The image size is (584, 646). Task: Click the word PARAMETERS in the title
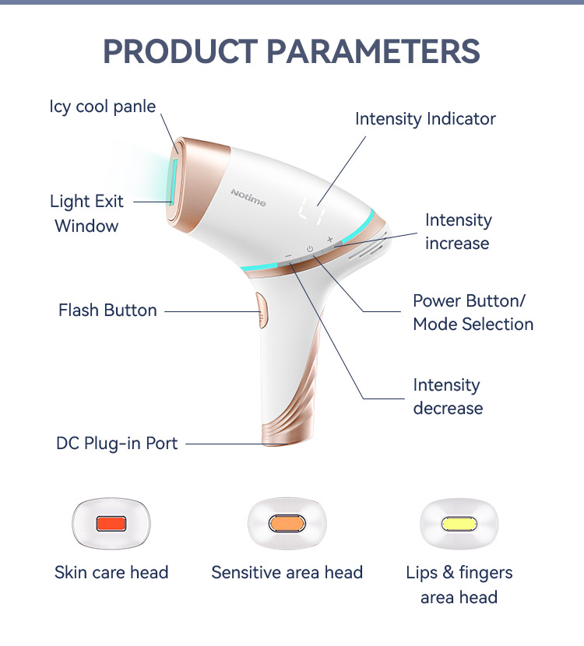(374, 51)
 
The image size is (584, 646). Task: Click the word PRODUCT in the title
(180, 51)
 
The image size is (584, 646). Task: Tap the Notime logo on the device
(248, 198)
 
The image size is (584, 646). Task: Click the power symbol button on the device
(310, 249)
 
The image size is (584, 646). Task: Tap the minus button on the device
(289, 256)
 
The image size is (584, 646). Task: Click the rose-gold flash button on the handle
(262, 311)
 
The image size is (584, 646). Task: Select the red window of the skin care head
(111, 524)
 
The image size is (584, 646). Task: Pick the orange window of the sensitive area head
(287, 524)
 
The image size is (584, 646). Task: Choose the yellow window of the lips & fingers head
(459, 524)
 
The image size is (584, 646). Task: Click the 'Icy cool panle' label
(103, 107)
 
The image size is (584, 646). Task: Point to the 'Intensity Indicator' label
(425, 119)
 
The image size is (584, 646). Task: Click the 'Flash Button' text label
(107, 311)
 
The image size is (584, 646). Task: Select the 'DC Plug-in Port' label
(117, 444)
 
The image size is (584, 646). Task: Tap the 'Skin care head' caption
(111, 573)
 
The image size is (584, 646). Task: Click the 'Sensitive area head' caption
(287, 573)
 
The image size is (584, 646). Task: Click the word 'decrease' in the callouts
(448, 409)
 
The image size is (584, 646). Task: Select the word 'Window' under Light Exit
(86, 226)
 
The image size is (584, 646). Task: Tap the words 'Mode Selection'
(473, 325)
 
